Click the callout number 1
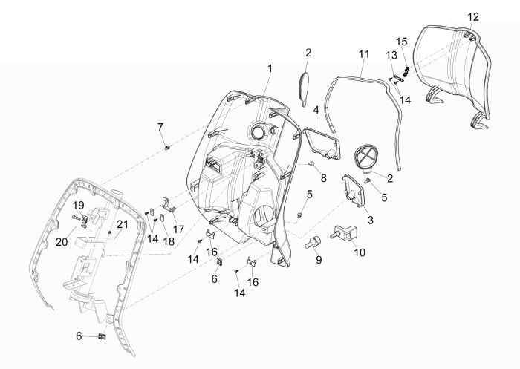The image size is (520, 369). pos(270,68)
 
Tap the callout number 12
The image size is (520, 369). pos(473,16)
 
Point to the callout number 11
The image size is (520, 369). pos(363,54)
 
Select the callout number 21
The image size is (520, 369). pos(122,224)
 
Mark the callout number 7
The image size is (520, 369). pos(160,127)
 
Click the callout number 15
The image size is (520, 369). pos(401,41)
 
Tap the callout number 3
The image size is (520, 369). pos(370,221)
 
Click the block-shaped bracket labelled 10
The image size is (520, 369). pos(346,233)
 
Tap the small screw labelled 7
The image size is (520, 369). pos(168,148)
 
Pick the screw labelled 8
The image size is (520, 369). pos(313,163)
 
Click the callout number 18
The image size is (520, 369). pos(169,241)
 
